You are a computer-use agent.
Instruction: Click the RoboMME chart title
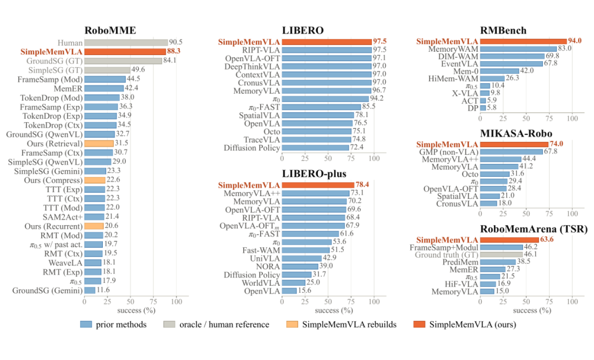pos(110,31)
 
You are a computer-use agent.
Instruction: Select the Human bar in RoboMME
pos(126,43)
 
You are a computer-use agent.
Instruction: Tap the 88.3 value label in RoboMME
pos(174,51)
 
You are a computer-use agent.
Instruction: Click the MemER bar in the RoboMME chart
pos(104,88)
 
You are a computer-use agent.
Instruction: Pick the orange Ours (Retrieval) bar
pos(99,144)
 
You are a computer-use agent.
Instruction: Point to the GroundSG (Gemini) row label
pos(47,291)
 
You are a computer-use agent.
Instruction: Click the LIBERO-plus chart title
pos(314,174)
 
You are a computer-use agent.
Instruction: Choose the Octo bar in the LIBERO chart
pos(317,132)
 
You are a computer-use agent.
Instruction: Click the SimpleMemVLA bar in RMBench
pos(524,41)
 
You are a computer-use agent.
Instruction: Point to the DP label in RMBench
pos(473,108)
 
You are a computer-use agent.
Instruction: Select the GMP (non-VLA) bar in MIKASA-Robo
pos(512,152)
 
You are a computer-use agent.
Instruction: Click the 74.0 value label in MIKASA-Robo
pos(556,144)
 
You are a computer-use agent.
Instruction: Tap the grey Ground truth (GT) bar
pos(502,255)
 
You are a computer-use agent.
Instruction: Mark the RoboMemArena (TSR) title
pos(533,229)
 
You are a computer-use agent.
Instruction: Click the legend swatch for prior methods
pos(86,324)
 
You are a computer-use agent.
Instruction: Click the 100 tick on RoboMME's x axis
pos(177,302)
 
